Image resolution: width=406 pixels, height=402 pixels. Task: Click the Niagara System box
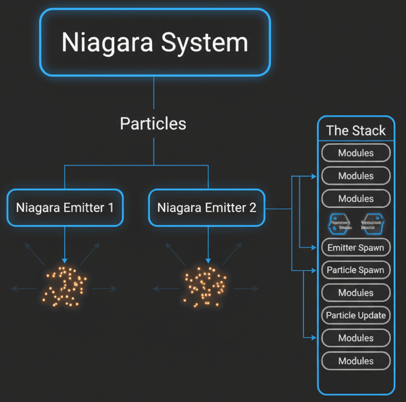coord(154,43)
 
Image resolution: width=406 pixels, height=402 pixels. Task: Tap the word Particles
coord(153,123)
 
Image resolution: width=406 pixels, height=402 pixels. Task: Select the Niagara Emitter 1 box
coord(65,208)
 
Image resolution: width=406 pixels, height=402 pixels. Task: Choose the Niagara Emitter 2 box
coord(207,208)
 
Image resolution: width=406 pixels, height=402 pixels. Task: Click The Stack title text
coord(356,130)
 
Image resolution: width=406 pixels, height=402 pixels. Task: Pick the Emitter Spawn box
coord(356,247)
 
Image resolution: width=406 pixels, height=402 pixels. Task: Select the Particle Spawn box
coord(356,270)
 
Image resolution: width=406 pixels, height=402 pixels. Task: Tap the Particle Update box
coord(356,315)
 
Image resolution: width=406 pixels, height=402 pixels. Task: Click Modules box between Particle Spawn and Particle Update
coord(356,292)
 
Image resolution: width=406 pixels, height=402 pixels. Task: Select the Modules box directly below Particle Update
coord(356,338)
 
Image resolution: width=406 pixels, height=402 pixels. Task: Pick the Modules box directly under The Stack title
coord(356,153)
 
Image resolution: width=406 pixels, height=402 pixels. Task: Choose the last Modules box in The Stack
coord(356,361)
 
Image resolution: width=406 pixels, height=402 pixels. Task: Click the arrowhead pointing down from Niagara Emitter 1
coord(65,259)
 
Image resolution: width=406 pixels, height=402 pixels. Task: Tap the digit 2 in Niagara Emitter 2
coord(253,208)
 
